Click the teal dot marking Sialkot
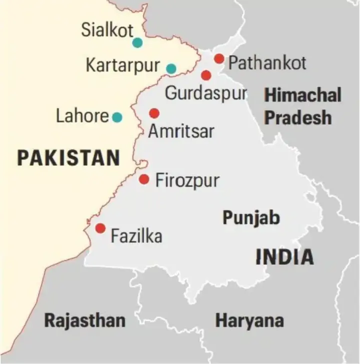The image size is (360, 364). [137, 43]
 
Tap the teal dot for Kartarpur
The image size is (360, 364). [171, 69]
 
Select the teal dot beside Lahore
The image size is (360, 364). [117, 117]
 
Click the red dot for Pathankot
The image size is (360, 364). [219, 59]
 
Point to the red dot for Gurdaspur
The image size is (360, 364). [206, 75]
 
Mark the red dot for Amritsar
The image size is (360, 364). [154, 114]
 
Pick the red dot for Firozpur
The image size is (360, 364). [144, 179]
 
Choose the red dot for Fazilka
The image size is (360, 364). [100, 228]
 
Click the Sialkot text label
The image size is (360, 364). [107, 31]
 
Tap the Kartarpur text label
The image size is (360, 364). [123, 66]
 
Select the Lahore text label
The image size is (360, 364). [82, 117]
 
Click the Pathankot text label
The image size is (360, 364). [267, 63]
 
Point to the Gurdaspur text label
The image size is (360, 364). [206, 93]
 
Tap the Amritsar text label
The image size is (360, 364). [181, 131]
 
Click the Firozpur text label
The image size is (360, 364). [187, 180]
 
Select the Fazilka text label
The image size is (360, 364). [136, 235]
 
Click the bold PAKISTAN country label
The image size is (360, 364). [68, 158]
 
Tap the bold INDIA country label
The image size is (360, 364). [284, 257]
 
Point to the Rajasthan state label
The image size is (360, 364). [85, 320]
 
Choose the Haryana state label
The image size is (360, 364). [249, 320]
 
